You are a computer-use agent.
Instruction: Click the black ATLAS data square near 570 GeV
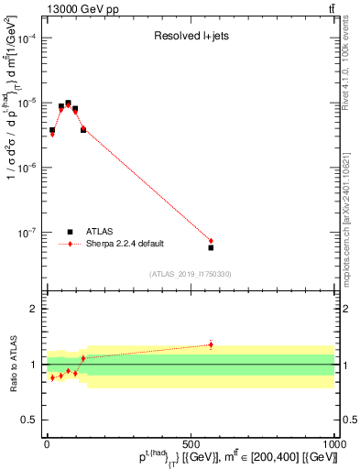[211, 247]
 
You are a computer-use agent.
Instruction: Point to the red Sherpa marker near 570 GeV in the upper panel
[211, 241]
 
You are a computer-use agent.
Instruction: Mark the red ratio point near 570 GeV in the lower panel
[211, 344]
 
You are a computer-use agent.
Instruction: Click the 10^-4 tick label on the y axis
[29, 38]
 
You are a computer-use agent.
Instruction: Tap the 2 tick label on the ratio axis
[36, 309]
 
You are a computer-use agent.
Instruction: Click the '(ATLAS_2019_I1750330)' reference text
[191, 274]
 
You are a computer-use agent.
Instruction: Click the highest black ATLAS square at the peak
[68, 104]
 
